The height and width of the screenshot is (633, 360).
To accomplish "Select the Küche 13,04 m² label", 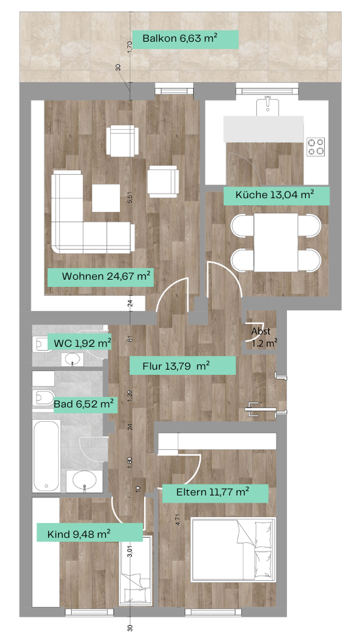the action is click(275, 195).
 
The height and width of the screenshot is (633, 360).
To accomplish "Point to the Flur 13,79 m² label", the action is click(176, 366).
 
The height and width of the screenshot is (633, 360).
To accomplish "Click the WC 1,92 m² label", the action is click(82, 344).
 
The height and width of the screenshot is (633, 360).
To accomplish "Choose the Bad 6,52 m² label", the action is click(83, 404).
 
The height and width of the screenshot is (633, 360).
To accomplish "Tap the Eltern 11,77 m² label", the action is click(213, 492).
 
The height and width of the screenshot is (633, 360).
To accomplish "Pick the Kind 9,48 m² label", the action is click(79, 534).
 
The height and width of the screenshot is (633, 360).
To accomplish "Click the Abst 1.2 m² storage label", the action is click(264, 338).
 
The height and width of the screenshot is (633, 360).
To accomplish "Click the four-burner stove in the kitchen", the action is click(316, 147).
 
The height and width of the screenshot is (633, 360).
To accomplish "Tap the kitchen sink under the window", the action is click(267, 106).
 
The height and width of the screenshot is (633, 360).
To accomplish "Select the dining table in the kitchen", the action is click(276, 243).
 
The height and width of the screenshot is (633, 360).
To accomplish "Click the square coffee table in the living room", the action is click(106, 198).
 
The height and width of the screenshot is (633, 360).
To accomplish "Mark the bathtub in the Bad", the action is click(47, 456).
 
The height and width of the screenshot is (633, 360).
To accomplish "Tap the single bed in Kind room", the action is click(136, 570).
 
